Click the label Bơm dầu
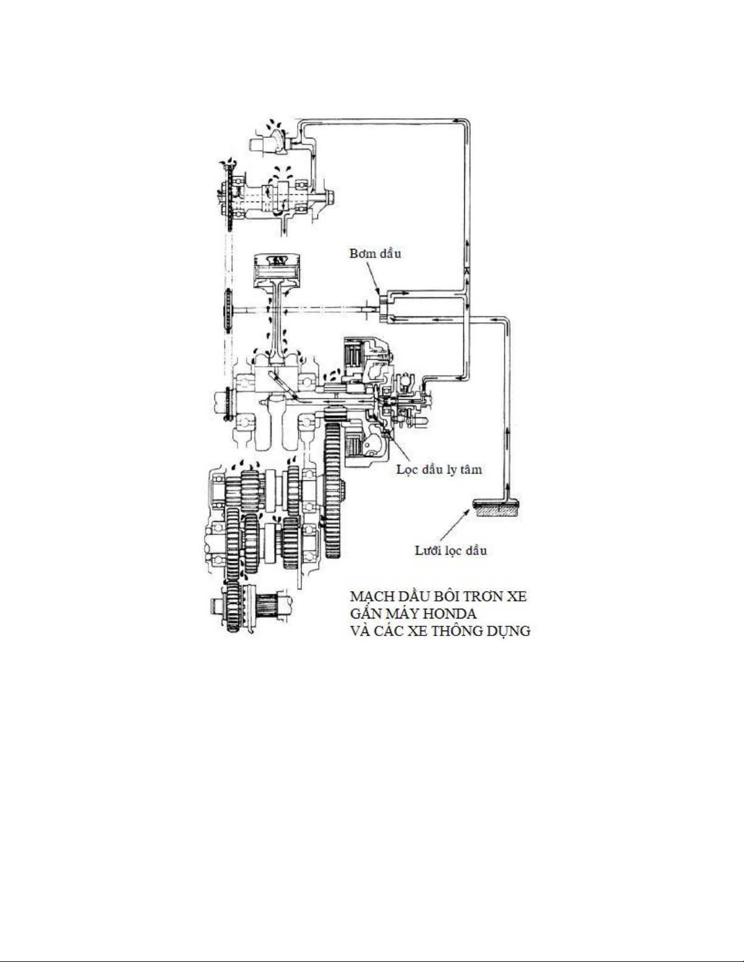click(375, 254)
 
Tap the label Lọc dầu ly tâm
click(439, 470)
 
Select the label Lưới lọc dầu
click(451, 551)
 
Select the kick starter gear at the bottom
click(233, 607)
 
